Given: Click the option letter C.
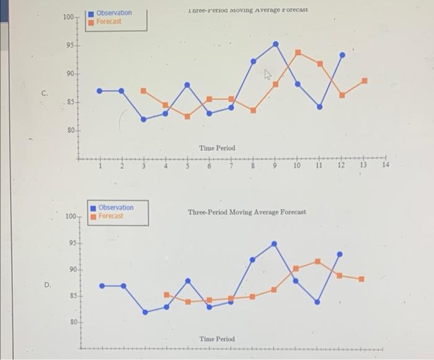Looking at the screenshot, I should pos(44,94).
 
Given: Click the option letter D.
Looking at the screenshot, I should pos(47,285).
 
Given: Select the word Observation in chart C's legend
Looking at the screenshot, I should pos(113,13).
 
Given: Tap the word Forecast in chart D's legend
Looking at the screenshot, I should pos(110,216).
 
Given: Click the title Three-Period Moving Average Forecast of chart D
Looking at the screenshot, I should pos(247,212).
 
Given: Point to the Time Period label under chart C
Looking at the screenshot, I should pos(217,148).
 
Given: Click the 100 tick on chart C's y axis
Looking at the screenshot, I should pos(68,17).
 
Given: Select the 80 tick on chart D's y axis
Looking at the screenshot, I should pos(72,323).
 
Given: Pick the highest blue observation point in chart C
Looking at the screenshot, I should pos(276,44).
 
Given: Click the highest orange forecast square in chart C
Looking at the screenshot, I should pos(298,52).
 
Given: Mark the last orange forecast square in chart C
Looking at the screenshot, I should pos(365,81).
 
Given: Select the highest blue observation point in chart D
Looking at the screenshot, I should pos(274,244).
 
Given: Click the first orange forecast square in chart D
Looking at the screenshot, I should pos(166,295).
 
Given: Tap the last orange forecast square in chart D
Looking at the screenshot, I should pos(361,279).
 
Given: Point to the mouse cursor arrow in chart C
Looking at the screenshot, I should pos(268,75).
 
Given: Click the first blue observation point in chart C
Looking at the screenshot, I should pos(99,91).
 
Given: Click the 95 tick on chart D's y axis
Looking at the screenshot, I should pos(72,243).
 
